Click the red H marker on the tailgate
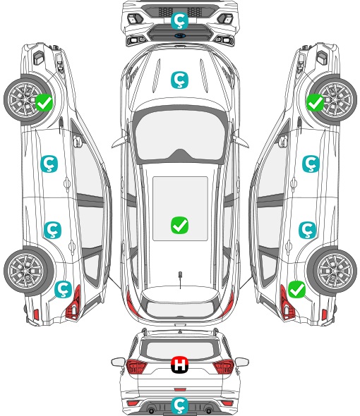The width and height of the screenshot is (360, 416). (x=179, y=365)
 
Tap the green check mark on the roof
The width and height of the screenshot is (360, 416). (x=179, y=225)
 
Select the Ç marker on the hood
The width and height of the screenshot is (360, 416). (x=179, y=80)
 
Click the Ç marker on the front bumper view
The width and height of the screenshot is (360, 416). (x=179, y=20)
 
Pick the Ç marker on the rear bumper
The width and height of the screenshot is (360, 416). (x=179, y=405)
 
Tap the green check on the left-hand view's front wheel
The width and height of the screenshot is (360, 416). (x=44, y=103)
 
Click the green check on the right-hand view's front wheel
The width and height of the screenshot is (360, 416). (x=316, y=103)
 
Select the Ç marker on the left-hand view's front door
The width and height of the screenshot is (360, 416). (x=49, y=164)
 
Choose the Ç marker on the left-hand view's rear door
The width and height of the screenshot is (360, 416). (x=53, y=230)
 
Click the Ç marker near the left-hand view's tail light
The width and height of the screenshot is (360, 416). (x=64, y=290)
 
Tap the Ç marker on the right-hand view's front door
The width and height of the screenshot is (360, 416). (x=311, y=164)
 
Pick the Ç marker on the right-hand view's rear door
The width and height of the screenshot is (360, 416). (x=307, y=230)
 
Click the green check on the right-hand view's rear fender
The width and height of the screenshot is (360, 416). (x=296, y=290)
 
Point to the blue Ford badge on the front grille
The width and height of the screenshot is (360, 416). (x=180, y=36)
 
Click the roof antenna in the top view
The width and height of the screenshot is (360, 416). (x=180, y=279)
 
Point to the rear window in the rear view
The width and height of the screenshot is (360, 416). (x=180, y=350)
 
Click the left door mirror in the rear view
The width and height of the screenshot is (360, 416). (x=118, y=362)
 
